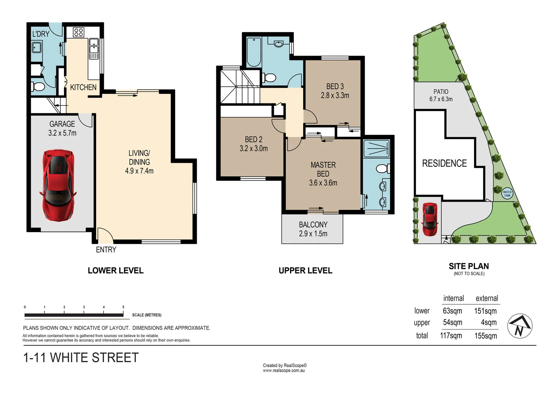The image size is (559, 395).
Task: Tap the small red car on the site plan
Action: pos(429,219)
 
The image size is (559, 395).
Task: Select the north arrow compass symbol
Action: pos(520,326)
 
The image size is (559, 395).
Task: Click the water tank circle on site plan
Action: pos(507,194)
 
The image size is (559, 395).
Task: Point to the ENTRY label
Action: pos(106,250)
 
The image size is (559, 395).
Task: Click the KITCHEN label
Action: pos(83,87)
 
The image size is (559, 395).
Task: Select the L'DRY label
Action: pos(41,34)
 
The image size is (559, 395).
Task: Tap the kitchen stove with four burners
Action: pos(79,32)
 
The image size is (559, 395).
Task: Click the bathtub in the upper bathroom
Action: pos(254,52)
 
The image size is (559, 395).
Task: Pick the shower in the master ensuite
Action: pos(376,148)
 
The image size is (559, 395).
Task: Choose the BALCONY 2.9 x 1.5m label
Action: pos(313,229)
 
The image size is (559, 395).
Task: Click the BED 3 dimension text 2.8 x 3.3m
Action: pos(335,95)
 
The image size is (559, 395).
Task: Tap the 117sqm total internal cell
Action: pos(451,336)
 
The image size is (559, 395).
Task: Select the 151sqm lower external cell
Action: pos(485,311)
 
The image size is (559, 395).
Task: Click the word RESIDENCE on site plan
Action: pos(444,163)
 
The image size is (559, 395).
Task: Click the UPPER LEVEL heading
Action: pos(305,271)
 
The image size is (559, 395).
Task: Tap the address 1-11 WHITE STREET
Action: pos(81,358)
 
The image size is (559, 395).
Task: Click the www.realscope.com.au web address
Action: pos(284,370)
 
